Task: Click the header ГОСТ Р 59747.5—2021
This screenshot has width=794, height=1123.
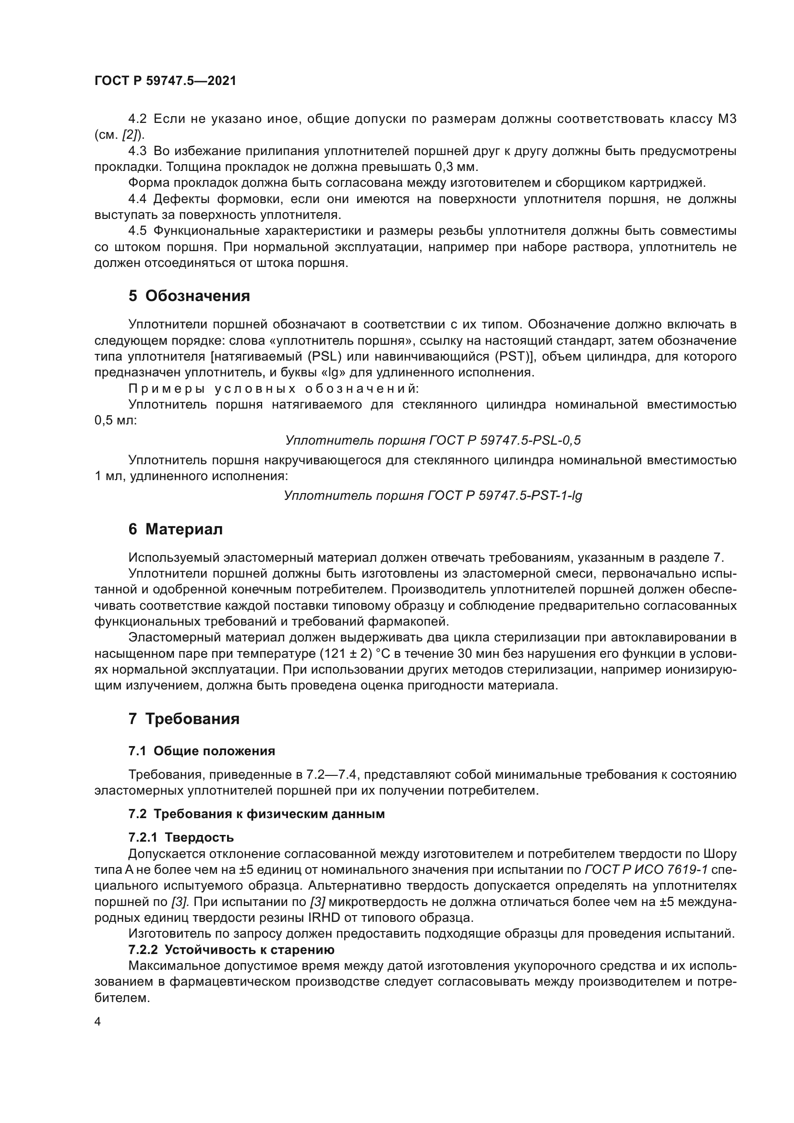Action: click(x=165, y=81)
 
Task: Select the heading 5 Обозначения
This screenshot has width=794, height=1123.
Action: click(x=189, y=296)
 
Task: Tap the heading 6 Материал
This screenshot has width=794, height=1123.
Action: click(x=176, y=529)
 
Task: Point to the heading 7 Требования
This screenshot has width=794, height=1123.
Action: click(x=184, y=719)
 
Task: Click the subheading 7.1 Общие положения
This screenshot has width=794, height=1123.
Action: click(x=202, y=751)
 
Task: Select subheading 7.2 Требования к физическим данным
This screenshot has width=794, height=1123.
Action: click(x=256, y=814)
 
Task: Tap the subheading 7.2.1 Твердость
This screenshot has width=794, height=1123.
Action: click(x=181, y=837)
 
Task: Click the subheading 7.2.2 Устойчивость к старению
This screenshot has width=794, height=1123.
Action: click(x=231, y=949)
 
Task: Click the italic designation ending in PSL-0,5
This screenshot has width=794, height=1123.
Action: click(x=433, y=440)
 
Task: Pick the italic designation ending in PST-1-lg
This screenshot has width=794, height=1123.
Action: click(x=433, y=495)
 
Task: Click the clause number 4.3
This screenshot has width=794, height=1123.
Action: click(x=137, y=151)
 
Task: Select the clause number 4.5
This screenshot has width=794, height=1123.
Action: click(x=137, y=231)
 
